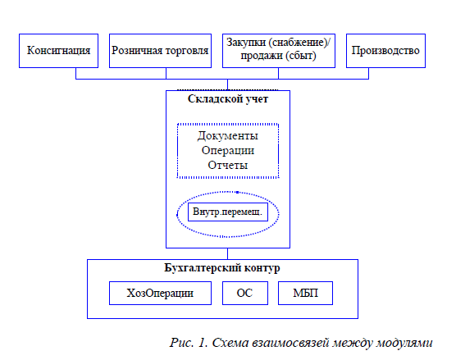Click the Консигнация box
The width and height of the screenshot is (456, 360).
pyautogui.click(x=58, y=51)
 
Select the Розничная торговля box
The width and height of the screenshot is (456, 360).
pyautogui.click(x=160, y=51)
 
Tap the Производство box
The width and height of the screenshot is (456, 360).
pyautogui.click(x=385, y=51)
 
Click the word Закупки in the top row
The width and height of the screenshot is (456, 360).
pyautogui.click(x=246, y=43)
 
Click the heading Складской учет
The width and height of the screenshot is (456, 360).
pyautogui.click(x=228, y=99)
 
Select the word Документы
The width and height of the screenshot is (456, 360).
pyautogui.click(x=228, y=136)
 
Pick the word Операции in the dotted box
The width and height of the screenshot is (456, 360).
pyautogui.click(x=228, y=151)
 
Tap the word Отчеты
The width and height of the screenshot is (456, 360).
pyautogui.click(x=228, y=165)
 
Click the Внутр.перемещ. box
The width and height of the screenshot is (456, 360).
pyautogui.click(x=228, y=212)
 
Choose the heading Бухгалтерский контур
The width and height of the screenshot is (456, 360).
pyautogui.click(x=222, y=268)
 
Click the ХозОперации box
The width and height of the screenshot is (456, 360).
pyautogui.click(x=160, y=293)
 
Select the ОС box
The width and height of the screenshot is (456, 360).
pyautogui.click(x=245, y=293)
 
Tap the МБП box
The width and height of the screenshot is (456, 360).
pyautogui.click(x=305, y=293)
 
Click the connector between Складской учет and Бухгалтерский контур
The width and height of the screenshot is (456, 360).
pyautogui.click(x=227, y=254)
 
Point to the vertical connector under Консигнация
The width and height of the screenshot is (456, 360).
pyautogui.click(x=76, y=73)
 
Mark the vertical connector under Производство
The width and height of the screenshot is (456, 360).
pyautogui.click(x=368, y=73)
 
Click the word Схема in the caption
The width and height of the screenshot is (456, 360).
pyautogui.click(x=230, y=343)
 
